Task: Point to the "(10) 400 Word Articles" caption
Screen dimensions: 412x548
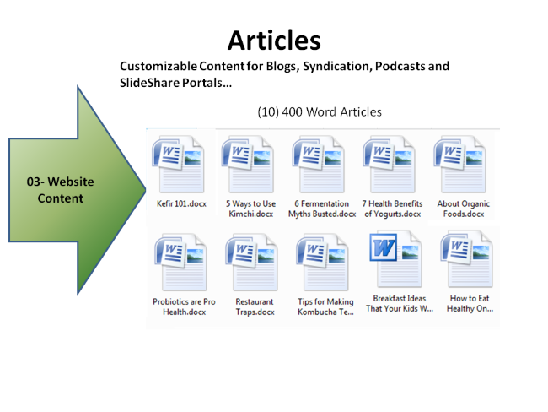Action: click(x=320, y=111)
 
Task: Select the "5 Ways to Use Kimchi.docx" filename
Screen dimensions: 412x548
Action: click(x=250, y=209)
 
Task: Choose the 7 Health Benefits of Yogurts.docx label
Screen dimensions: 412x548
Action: click(x=390, y=209)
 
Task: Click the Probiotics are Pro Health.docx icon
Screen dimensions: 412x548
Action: click(x=178, y=262)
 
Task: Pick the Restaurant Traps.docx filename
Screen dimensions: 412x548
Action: click(x=255, y=306)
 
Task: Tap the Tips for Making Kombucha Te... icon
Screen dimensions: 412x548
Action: click(x=325, y=262)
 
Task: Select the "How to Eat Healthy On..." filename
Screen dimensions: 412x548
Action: click(x=470, y=304)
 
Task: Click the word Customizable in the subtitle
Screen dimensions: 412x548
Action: click(x=158, y=66)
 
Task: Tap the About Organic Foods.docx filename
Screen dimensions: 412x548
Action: click(x=463, y=209)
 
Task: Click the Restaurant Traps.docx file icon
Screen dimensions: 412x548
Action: click(x=250, y=262)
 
